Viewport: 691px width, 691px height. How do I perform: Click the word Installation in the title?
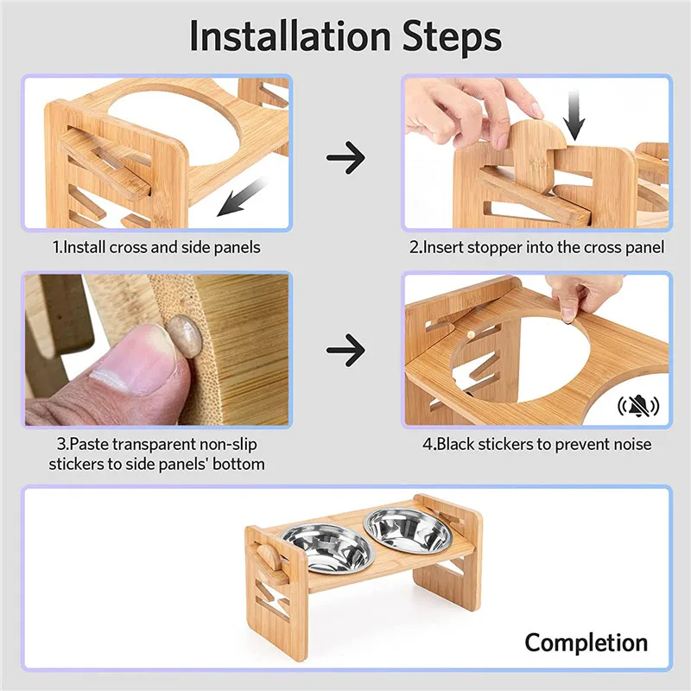pyautogui.click(x=290, y=35)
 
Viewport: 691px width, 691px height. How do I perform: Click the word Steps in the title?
pyautogui.click(x=452, y=37)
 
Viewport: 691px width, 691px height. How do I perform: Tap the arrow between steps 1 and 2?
pyautogui.click(x=345, y=157)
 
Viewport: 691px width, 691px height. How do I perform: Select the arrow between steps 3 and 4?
pyautogui.click(x=345, y=350)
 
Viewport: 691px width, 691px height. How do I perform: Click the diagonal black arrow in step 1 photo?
pyautogui.click(x=243, y=197)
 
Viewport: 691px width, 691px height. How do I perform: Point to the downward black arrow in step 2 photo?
pyautogui.click(x=574, y=116)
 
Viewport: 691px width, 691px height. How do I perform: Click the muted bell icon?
pyautogui.click(x=638, y=406)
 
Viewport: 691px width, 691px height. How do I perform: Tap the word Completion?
pyautogui.click(x=586, y=643)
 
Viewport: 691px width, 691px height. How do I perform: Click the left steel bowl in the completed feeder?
pyautogui.click(x=328, y=548)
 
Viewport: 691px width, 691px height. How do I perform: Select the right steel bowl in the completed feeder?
pyautogui.click(x=408, y=531)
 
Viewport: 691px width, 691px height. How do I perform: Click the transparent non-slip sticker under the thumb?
pyautogui.click(x=185, y=336)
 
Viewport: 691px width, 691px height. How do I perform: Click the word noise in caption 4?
pyautogui.click(x=631, y=444)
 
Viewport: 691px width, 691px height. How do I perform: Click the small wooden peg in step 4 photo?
pyautogui.click(x=471, y=336)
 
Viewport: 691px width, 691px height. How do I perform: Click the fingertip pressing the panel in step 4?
pyautogui.click(x=568, y=314)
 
